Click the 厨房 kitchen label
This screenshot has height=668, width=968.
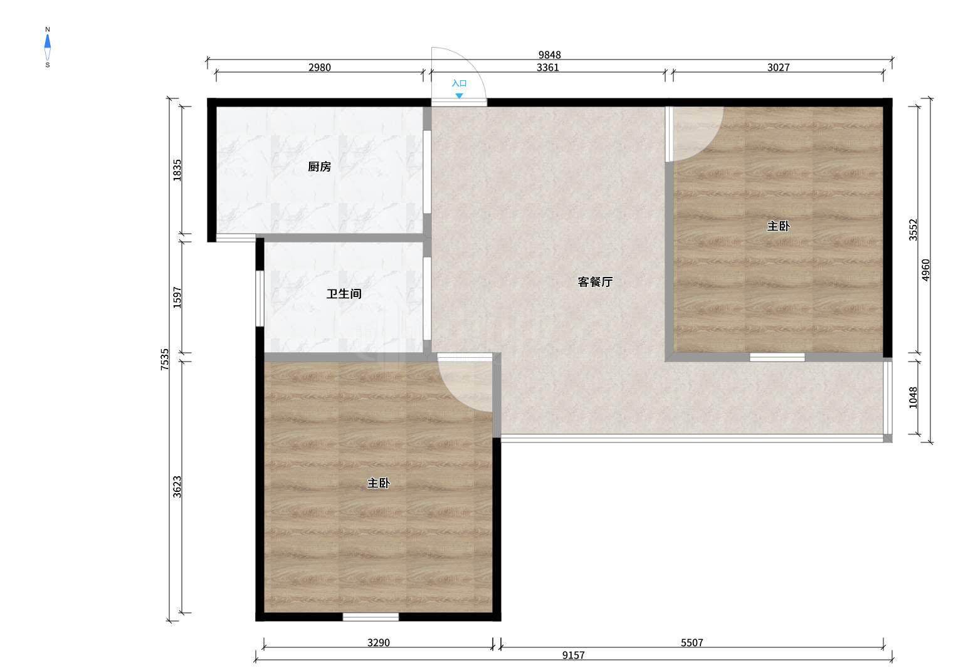[319, 166]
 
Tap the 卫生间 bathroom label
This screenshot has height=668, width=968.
[344, 294]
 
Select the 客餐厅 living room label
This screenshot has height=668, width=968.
[595, 282]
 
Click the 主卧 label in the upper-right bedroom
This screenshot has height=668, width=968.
[778, 226]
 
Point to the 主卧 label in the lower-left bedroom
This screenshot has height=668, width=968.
[379, 483]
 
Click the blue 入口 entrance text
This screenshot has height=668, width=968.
[460, 83]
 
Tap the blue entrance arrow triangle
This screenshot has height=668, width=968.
[460, 96]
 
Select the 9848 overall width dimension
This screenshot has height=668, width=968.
[550, 55]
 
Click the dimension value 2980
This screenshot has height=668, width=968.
[320, 67]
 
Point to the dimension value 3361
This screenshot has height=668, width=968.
[548, 67]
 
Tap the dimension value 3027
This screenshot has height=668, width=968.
[779, 67]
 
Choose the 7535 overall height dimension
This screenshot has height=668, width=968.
[165, 359]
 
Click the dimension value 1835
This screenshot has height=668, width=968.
[177, 170]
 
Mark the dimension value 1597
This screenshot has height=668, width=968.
[177, 298]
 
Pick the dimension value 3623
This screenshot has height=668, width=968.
[177, 487]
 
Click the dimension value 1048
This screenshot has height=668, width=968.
[913, 398]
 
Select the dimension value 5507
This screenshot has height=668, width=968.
[692, 642]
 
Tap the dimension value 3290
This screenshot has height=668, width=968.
[379, 642]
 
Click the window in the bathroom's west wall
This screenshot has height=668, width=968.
[260, 298]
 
